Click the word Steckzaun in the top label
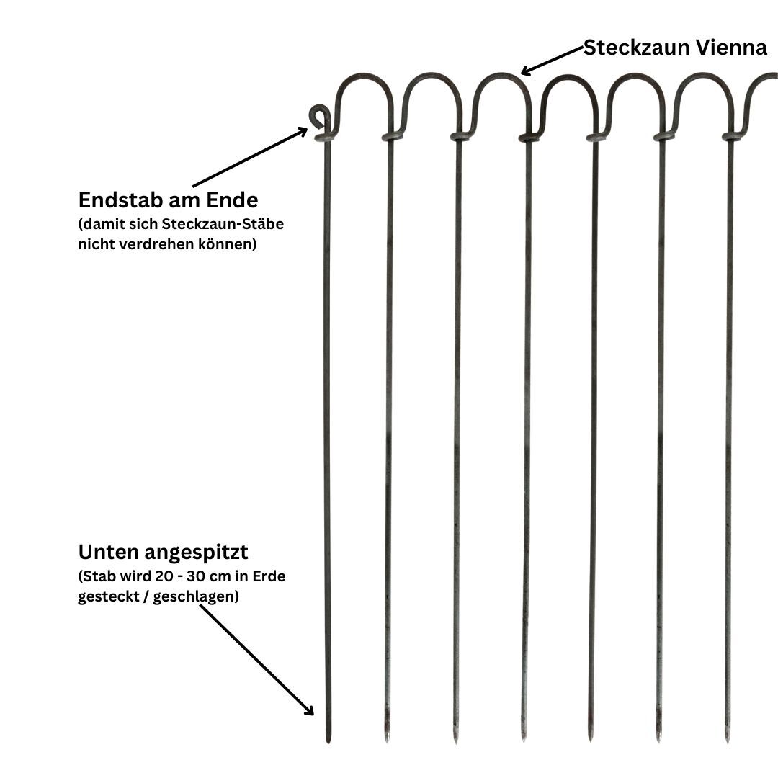636,48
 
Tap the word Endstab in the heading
114,199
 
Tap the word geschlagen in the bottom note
201,597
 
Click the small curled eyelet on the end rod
319,115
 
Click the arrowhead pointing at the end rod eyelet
303,131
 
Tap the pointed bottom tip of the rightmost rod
728,739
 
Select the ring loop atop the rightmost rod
731,135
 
